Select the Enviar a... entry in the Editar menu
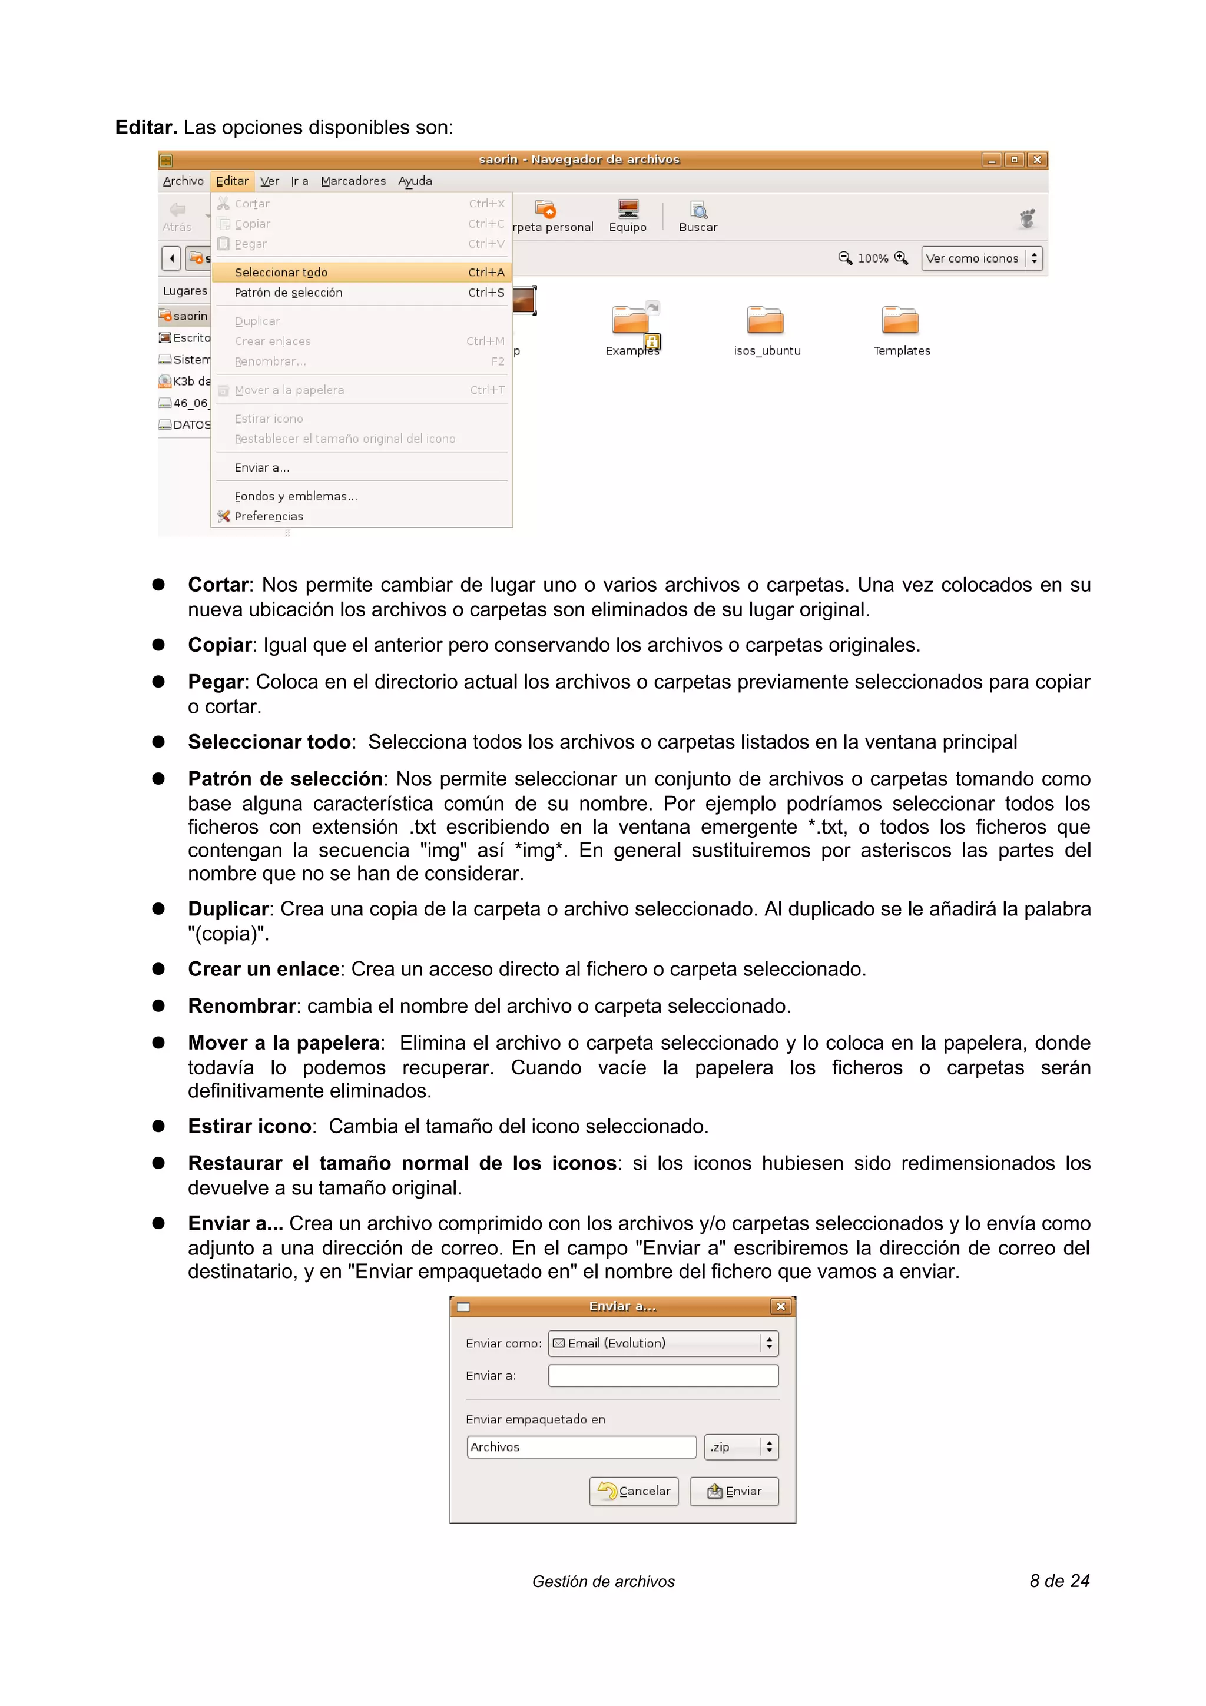click(261, 467)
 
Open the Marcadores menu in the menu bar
click(353, 181)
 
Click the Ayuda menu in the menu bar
click(415, 181)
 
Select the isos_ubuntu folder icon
click(766, 321)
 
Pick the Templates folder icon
click(900, 321)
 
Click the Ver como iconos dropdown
click(981, 258)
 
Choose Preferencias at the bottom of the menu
click(269, 516)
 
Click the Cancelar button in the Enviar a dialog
click(634, 1491)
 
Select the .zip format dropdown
click(740, 1446)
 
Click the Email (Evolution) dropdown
click(663, 1343)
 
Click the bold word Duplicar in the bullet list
click(228, 909)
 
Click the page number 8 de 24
click(1059, 1581)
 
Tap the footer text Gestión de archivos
click(604, 1582)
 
